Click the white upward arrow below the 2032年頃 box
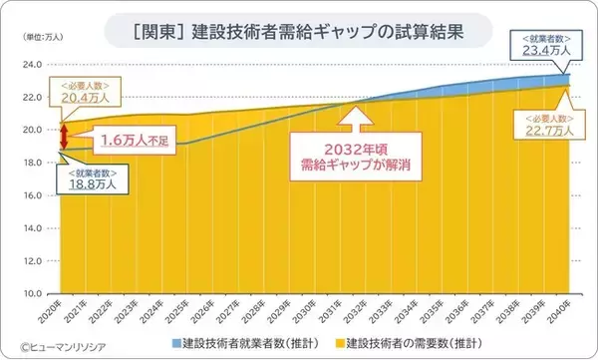[355, 119]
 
